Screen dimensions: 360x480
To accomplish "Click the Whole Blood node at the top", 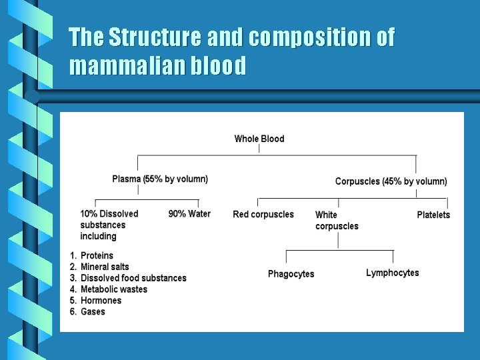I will point(259,139).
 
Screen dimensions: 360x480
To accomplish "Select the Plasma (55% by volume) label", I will point(160,179).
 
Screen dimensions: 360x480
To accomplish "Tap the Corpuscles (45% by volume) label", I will point(391,181).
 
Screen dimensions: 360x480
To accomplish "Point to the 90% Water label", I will point(189,214).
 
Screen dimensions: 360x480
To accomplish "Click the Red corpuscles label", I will point(263,215).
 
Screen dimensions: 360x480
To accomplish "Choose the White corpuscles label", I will point(336,220).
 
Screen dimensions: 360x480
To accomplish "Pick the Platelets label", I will point(433,215).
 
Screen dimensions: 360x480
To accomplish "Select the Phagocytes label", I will point(291,274).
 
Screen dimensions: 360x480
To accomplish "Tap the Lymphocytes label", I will point(392,273).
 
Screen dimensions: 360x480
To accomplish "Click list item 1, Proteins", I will point(97,255).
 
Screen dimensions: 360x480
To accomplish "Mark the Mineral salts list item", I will point(105,267).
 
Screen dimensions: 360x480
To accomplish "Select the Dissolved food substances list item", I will point(133,278).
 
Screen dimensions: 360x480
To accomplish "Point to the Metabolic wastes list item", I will point(113,289).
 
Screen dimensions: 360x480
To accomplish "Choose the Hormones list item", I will point(101,301).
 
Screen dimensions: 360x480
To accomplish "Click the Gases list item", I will point(93,312).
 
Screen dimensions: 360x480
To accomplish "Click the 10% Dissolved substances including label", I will point(109,225).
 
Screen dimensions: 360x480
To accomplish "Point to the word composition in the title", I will point(309,37).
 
